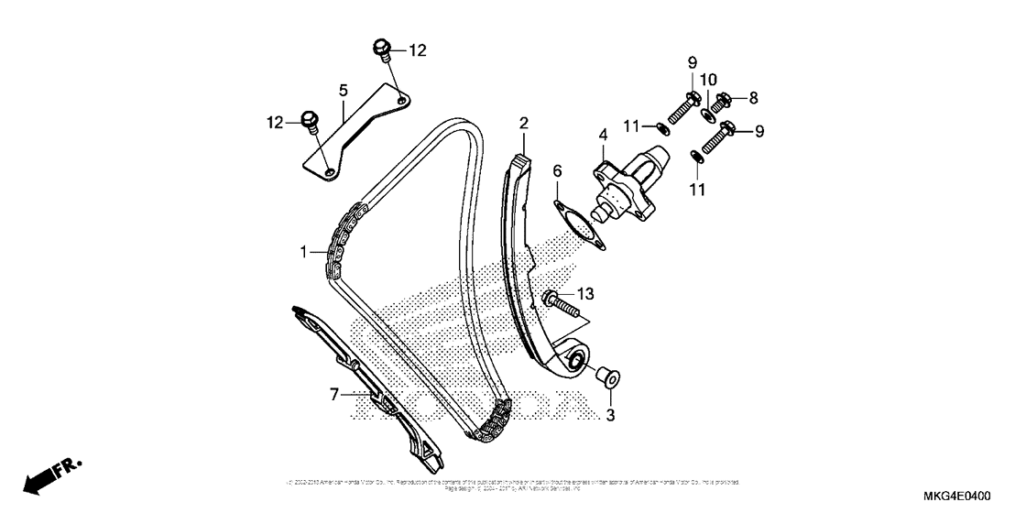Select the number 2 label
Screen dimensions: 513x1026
(524, 123)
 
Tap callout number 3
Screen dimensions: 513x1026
(611, 415)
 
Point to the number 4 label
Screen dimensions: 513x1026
(603, 135)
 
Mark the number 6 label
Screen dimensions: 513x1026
(556, 171)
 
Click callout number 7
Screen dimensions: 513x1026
(335, 394)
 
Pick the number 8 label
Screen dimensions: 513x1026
(754, 97)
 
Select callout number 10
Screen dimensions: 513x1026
(709, 81)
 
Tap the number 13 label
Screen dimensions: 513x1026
(585, 294)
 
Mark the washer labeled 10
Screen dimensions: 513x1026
(707, 114)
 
